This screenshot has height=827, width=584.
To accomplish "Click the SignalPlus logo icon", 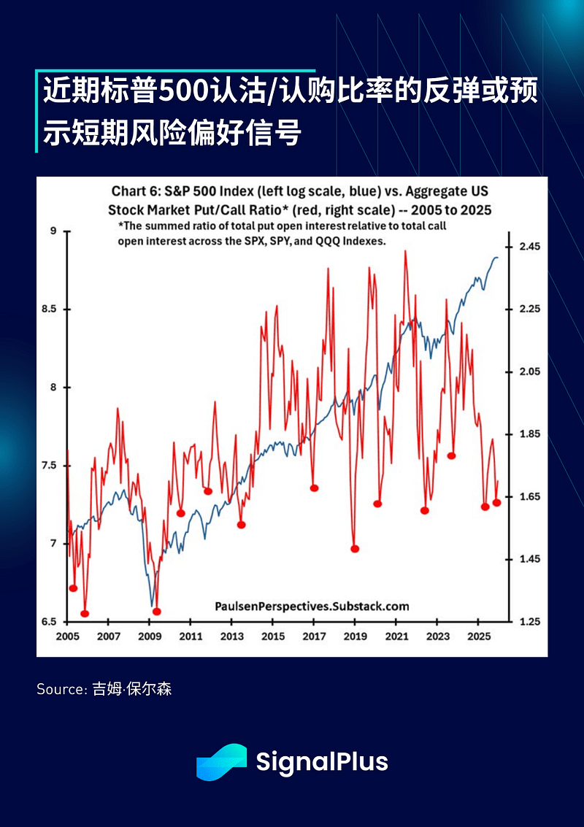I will point(221,762).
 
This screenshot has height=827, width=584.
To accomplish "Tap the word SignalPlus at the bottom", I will point(321,762).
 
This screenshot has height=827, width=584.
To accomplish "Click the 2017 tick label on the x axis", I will point(314,636).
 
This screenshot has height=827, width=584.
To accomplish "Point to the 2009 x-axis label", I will point(150,636).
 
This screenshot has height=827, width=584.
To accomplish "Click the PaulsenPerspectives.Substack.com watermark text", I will point(312,606).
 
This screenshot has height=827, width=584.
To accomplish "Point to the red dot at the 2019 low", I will point(356,549).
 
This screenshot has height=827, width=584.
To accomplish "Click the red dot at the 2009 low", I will point(156,612).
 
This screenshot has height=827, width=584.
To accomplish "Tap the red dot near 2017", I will point(314,488).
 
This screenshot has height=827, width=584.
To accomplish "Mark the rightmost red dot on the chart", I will point(496,502).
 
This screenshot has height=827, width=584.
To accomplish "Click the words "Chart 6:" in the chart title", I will point(134,191).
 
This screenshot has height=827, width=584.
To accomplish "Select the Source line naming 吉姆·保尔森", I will point(104,688).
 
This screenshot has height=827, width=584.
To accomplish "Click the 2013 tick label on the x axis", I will point(231,636).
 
